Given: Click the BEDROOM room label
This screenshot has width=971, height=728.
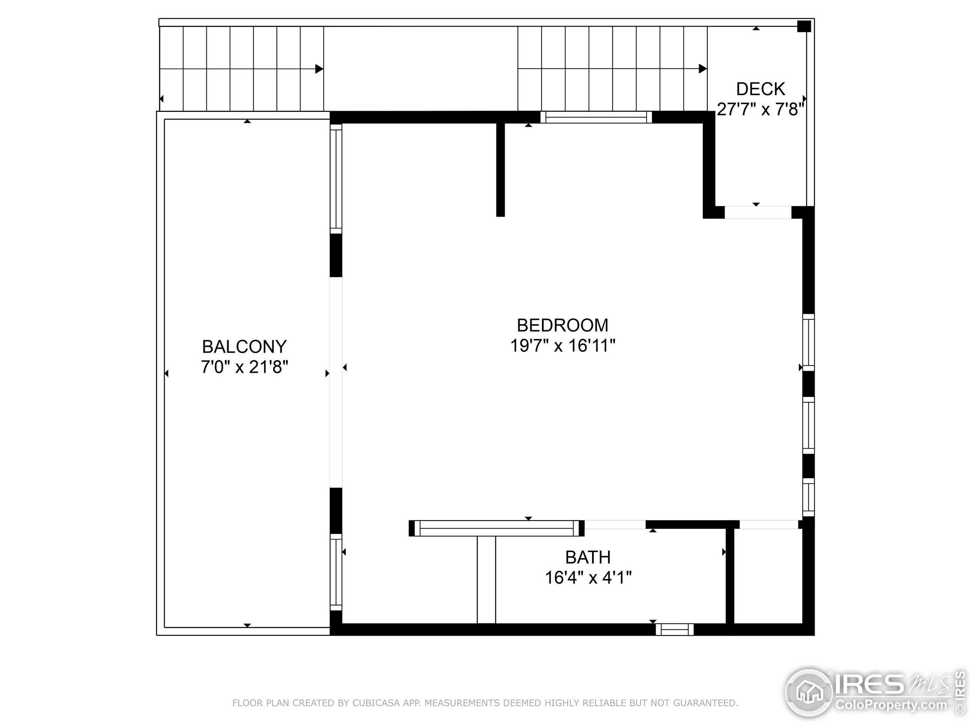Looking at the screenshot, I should [562, 325].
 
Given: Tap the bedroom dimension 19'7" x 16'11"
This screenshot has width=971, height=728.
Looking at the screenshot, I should [562, 346].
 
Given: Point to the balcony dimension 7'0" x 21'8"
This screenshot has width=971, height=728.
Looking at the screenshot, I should [245, 367].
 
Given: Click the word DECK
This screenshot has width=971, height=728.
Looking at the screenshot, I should [760, 89].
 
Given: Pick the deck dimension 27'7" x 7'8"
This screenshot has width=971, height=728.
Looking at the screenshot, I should [760, 109].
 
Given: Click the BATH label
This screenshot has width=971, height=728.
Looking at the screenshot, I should [588, 557].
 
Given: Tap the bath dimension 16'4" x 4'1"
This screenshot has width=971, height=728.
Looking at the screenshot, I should [588, 577].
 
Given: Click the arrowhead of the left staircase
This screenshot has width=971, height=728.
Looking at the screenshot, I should [319, 69].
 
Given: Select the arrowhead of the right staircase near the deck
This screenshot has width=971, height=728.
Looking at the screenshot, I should [702, 69].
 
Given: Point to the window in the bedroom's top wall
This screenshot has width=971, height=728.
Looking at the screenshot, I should [595, 117].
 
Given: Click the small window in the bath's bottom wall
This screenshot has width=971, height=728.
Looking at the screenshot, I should [675, 630].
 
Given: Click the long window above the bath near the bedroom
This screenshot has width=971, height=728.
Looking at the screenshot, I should [496, 528].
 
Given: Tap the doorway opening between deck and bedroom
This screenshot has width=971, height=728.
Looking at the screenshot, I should [758, 212].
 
